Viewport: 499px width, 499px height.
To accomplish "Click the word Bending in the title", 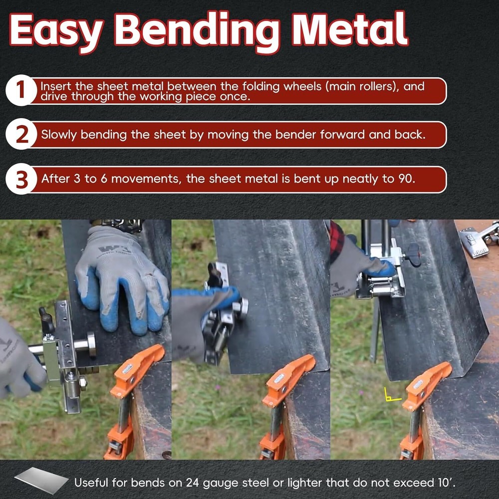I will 200,31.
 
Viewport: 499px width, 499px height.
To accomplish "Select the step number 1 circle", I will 20,91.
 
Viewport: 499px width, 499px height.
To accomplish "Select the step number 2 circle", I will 20,135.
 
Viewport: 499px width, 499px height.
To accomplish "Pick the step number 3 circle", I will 20,180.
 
